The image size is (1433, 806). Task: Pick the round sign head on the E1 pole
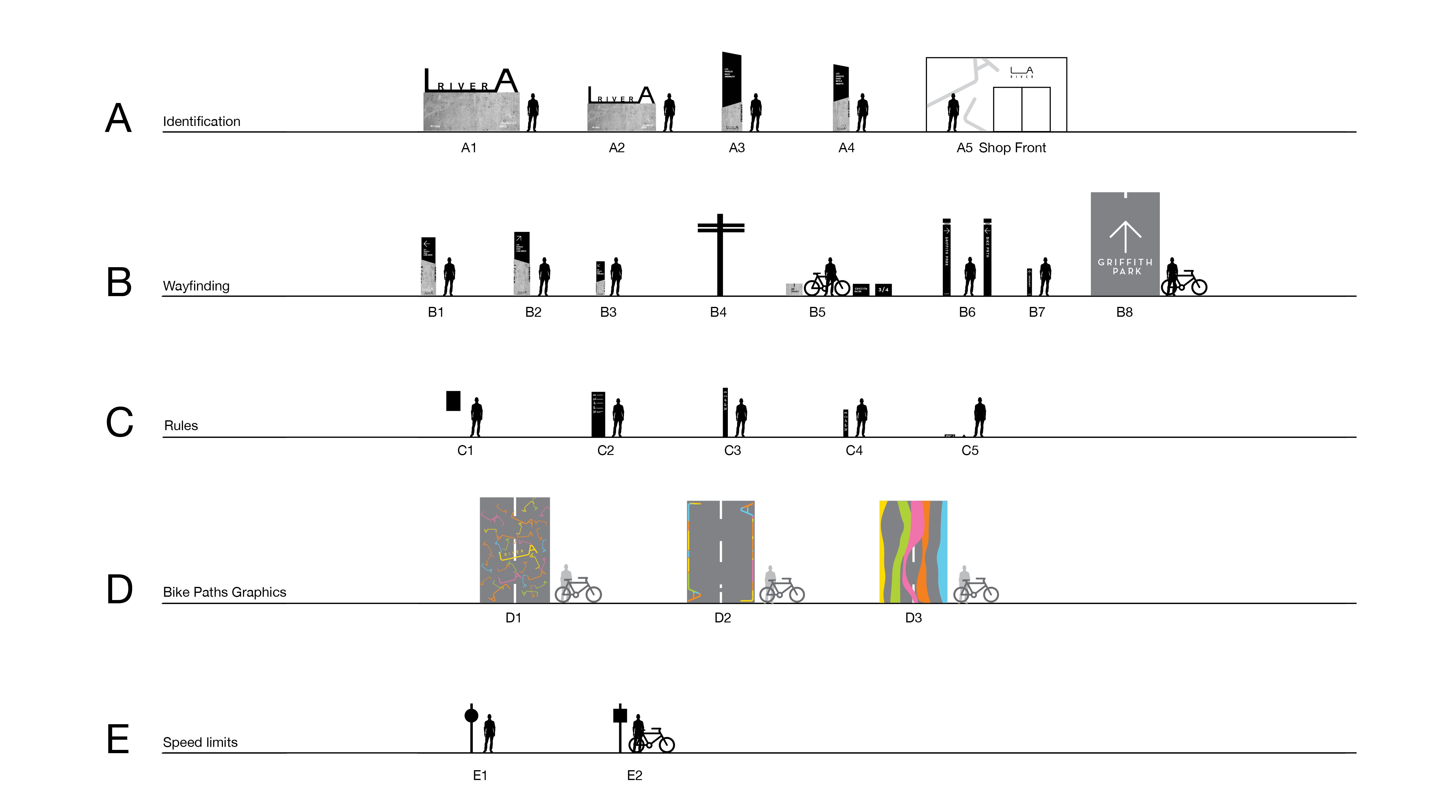point(471,715)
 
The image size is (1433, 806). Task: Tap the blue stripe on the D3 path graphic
point(942,551)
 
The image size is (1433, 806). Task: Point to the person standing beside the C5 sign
point(979,417)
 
